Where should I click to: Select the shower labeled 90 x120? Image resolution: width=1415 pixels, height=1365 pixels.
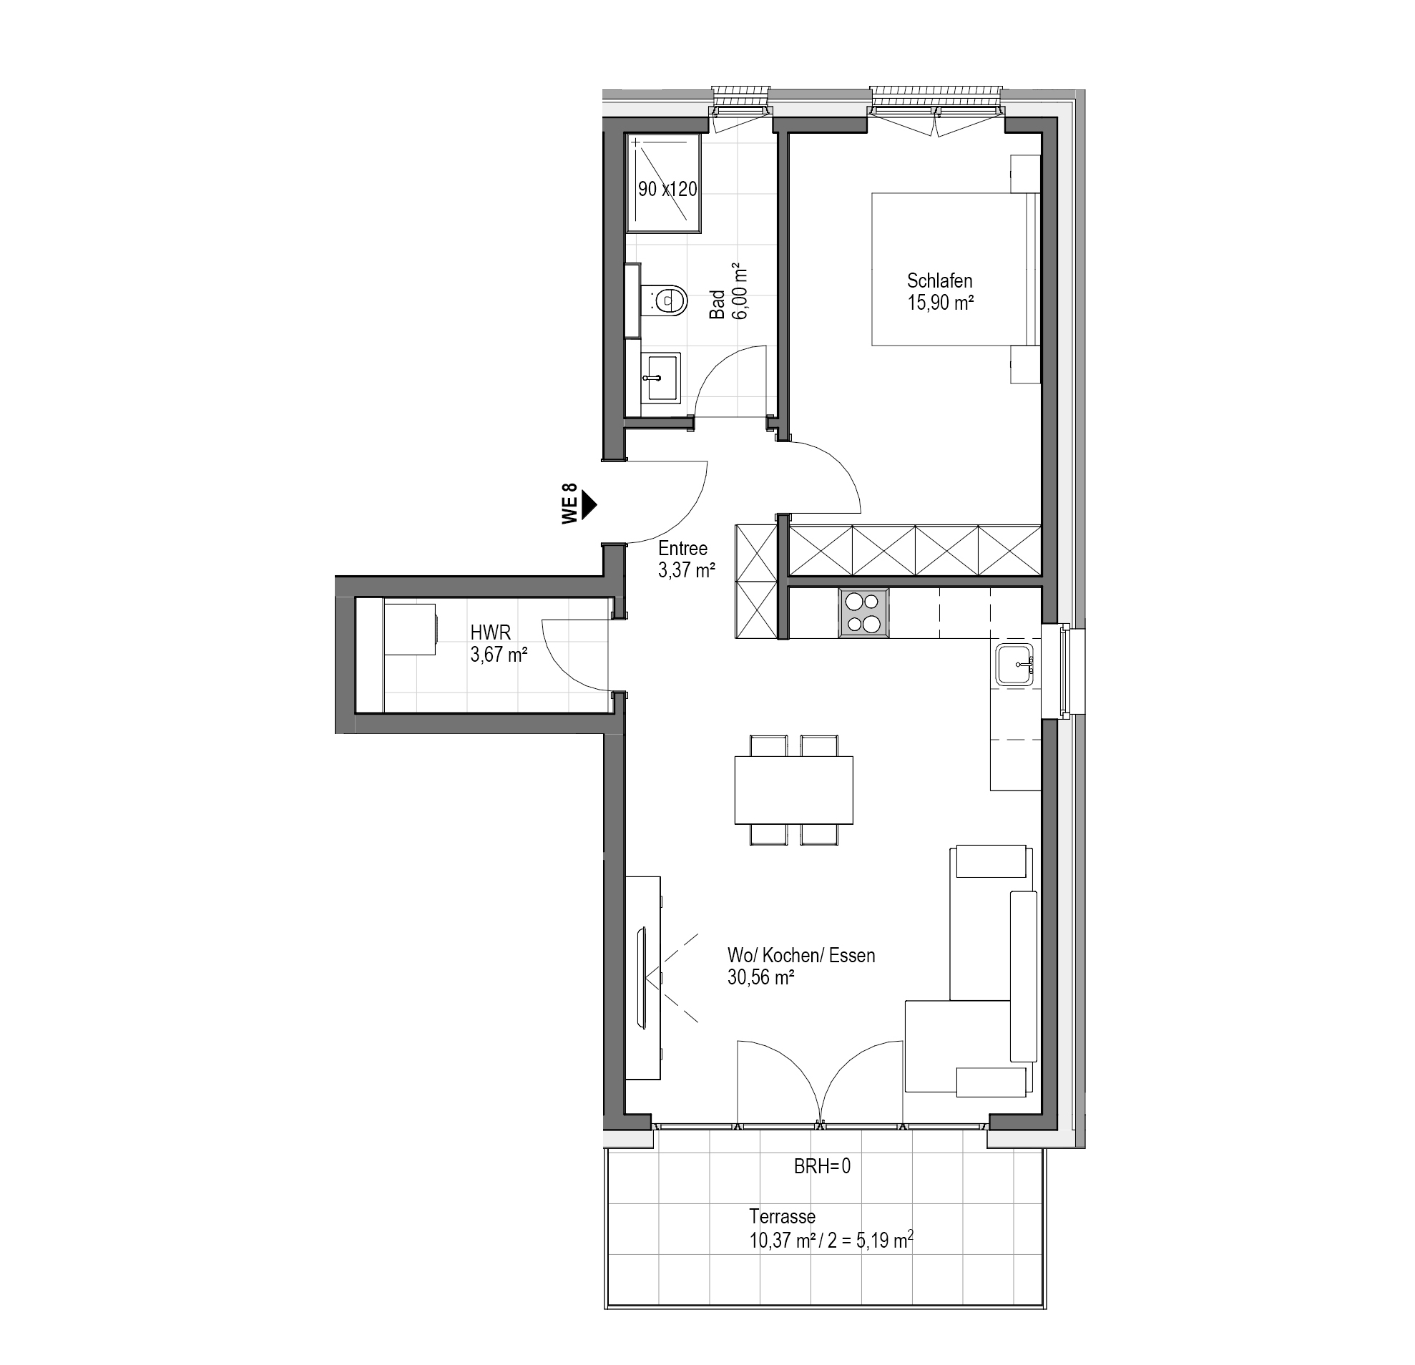coord(663,182)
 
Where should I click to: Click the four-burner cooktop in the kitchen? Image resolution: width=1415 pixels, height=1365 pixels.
coord(863,612)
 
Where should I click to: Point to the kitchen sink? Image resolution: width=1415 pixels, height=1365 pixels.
coord(1018,663)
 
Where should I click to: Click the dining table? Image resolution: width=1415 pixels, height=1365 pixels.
coord(793,790)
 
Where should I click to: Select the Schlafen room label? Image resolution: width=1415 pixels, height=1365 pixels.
coord(940,280)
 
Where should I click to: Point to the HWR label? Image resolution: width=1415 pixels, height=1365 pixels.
coord(490,632)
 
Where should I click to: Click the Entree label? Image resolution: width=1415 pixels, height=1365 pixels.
coord(683,549)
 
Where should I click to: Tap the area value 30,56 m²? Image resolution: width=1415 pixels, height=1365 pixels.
coord(761,978)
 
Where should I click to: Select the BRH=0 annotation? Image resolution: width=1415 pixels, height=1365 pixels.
coord(822,1166)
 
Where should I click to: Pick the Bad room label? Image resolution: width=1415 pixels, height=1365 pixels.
coord(717,305)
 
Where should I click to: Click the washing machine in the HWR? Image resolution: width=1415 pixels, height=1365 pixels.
coord(409,630)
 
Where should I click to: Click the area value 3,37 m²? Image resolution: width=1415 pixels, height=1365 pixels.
coord(687,571)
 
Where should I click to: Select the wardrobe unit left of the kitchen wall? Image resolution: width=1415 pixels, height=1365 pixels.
coord(756,581)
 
